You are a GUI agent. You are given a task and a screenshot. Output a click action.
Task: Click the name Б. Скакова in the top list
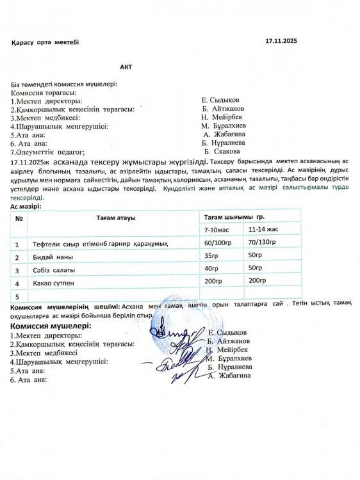[222, 152]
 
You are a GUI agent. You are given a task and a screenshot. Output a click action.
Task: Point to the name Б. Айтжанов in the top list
[222, 109]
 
